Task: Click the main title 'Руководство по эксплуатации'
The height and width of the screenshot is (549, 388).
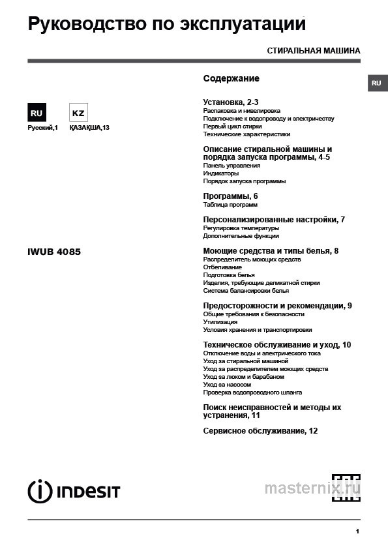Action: (167, 25)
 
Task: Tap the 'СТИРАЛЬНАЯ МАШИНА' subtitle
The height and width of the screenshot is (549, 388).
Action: (313, 50)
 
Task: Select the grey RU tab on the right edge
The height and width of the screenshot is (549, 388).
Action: (376, 83)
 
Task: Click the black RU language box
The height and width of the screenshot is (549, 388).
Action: (37, 113)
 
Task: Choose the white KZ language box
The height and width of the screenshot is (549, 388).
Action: (78, 113)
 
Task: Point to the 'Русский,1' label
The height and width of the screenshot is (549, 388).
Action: (42, 128)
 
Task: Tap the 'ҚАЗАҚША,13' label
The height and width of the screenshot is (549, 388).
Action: (89, 128)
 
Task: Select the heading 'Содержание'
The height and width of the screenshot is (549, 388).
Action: (231, 78)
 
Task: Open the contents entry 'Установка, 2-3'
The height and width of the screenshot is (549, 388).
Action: (231, 102)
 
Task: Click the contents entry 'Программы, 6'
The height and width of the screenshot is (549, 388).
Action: (230, 196)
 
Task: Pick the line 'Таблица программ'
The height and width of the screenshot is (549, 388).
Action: (230, 205)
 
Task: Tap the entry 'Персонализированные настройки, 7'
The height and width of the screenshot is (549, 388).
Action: (274, 220)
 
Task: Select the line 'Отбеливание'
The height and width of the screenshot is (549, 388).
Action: (222, 267)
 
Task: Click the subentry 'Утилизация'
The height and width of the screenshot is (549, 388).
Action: (220, 322)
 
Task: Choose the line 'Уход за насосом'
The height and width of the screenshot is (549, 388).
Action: (227, 385)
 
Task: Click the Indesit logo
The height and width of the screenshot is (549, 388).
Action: (74, 491)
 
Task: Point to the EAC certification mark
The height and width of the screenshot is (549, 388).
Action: (346, 486)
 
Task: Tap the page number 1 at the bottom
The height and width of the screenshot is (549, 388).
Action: (357, 532)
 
